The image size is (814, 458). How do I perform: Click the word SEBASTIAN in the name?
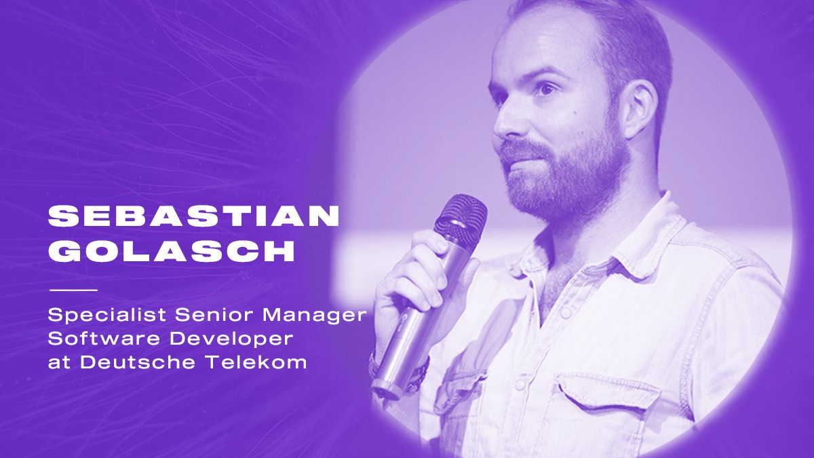pyautogui.click(x=193, y=216)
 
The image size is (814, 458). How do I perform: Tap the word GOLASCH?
pyautogui.click(x=172, y=251)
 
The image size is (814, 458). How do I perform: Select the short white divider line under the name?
pyautogui.click(x=73, y=290)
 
